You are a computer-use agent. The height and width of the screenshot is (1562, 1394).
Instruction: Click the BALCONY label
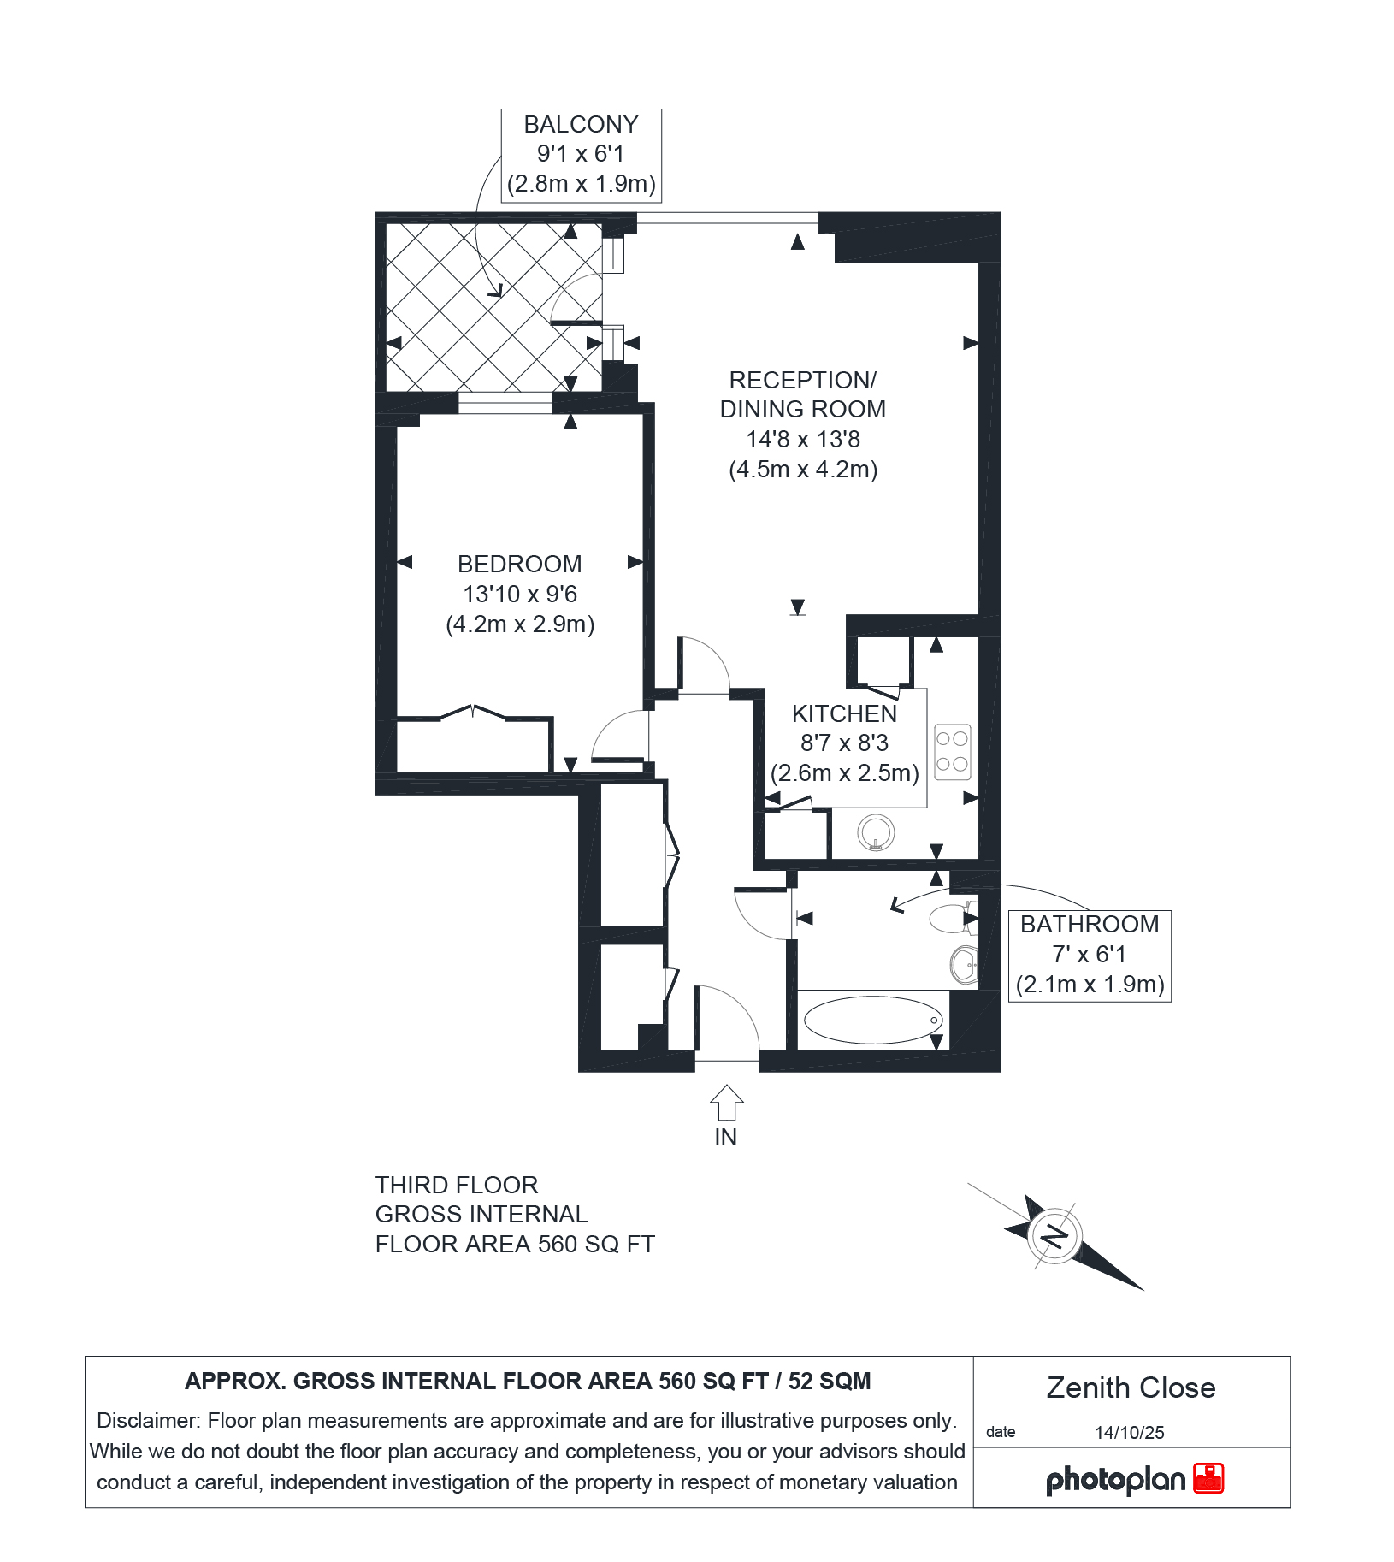[581, 125]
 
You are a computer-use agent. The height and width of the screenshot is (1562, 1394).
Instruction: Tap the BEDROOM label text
[520, 565]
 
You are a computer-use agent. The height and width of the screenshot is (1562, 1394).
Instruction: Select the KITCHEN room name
[844, 714]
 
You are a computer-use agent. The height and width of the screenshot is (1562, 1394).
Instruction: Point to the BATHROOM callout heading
[1090, 925]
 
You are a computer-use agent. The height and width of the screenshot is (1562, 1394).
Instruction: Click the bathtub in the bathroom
[873, 1020]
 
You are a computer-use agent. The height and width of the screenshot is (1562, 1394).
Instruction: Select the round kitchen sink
[876, 832]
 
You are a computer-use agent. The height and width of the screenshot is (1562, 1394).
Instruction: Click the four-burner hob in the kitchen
[952, 752]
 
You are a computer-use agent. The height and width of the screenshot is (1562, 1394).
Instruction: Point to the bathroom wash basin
[964, 966]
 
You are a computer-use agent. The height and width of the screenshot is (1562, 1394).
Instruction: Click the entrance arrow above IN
[726, 1102]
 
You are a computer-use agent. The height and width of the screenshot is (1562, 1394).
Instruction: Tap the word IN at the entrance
[725, 1138]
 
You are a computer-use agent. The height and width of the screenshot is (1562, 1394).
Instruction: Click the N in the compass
[1056, 1236]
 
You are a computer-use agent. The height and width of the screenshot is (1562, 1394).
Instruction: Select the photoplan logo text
[1115, 1479]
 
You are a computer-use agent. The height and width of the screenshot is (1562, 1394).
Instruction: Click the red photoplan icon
[1208, 1478]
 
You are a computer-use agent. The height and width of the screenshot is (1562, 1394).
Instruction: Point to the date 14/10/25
[1130, 1433]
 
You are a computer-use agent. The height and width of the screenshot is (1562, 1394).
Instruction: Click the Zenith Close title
[1131, 1387]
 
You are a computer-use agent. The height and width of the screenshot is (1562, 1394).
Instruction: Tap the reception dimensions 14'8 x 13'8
[803, 440]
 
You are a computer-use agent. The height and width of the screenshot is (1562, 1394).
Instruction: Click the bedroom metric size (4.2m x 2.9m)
[520, 624]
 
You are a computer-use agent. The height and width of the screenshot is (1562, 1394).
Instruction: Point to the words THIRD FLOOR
[457, 1186]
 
